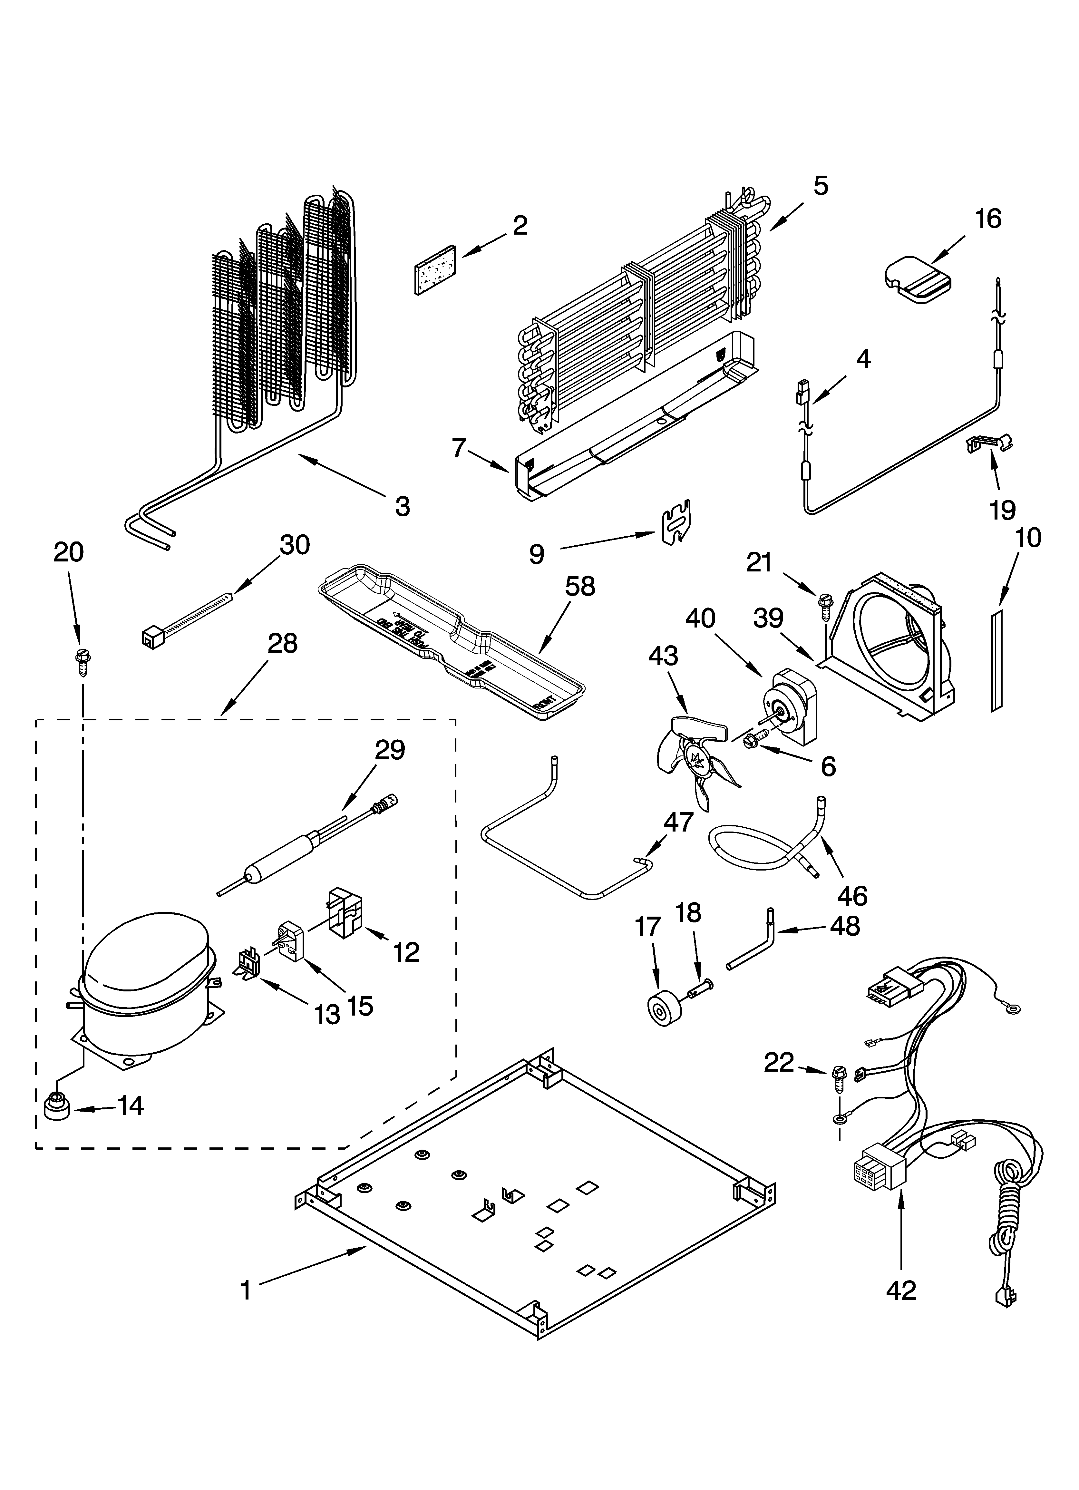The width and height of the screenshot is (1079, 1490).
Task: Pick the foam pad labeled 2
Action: (x=436, y=270)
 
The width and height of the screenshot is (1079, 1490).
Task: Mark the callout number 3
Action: (x=402, y=507)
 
